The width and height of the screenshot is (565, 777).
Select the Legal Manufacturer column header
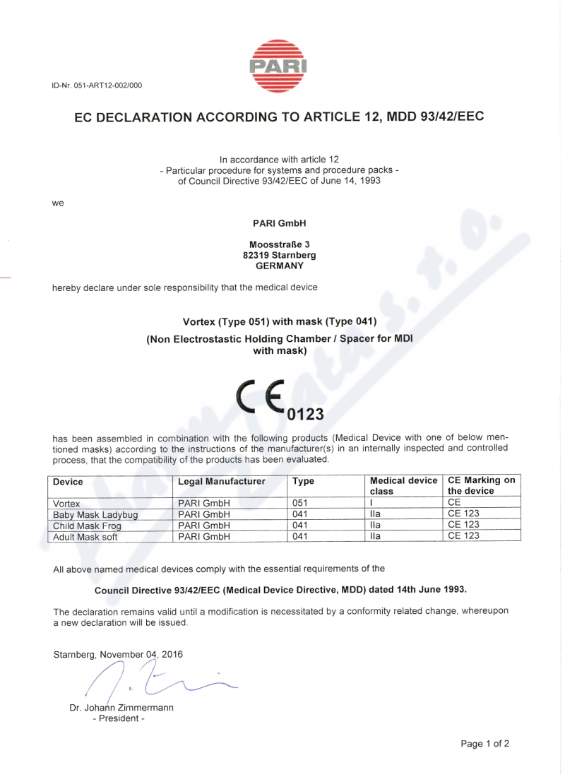221,482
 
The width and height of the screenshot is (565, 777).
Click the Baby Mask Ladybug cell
95,514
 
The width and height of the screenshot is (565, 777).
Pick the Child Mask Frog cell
88,526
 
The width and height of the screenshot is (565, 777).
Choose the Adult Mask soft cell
85,537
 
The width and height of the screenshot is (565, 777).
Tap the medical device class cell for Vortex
371,503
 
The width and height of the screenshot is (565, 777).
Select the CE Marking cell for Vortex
454,503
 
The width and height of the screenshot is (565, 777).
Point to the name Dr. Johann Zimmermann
121,708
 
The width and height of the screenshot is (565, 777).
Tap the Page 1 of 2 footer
484,744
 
